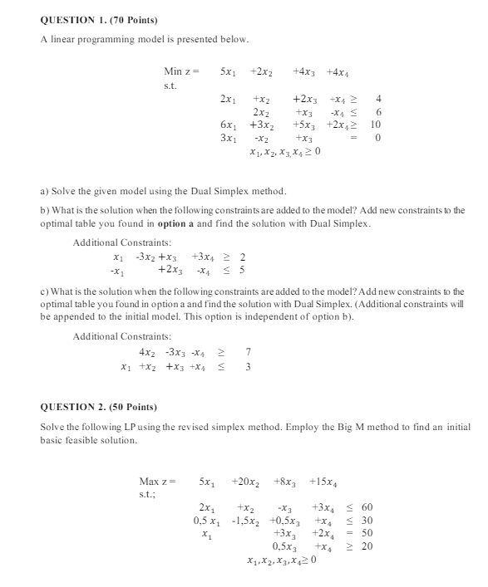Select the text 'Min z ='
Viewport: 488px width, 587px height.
click(180, 72)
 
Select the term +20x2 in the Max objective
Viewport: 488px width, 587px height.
click(244, 481)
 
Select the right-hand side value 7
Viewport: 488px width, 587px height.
click(249, 352)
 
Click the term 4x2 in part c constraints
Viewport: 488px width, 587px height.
click(147, 352)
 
